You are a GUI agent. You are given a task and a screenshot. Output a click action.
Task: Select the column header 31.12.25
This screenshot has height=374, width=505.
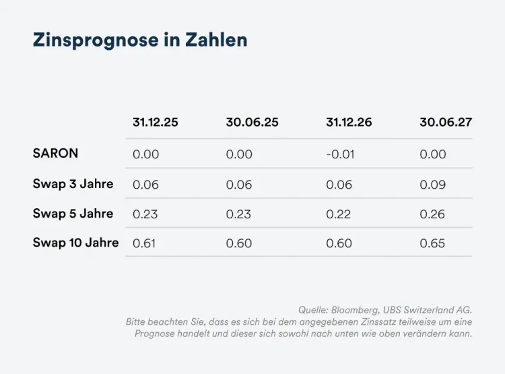pyautogui.click(x=156, y=123)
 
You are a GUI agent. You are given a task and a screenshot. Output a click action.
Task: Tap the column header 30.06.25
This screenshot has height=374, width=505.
pyautogui.click(x=252, y=123)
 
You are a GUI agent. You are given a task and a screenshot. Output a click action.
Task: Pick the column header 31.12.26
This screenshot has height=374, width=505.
pyautogui.click(x=349, y=123)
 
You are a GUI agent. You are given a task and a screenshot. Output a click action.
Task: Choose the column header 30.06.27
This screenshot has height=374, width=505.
pyautogui.click(x=445, y=123)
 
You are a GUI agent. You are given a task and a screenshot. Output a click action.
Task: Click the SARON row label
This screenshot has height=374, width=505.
pyautogui.click(x=55, y=154)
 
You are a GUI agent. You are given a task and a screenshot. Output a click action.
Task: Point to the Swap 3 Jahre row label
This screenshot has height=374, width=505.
pyautogui.click(x=73, y=184)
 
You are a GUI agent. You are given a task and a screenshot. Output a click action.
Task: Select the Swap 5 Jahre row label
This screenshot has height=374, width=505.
pyautogui.click(x=73, y=214)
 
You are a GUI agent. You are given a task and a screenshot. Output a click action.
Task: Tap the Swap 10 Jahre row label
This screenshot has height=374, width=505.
pyautogui.click(x=75, y=243)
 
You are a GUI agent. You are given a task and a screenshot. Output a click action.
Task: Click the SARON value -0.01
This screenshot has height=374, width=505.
pyautogui.click(x=340, y=154)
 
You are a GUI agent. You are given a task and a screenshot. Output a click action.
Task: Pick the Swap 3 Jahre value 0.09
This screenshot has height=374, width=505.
pyautogui.click(x=432, y=185)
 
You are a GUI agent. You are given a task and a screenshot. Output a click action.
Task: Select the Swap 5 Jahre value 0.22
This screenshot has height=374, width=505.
pyautogui.click(x=339, y=214)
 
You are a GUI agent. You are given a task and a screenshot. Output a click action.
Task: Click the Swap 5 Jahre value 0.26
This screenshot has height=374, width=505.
pyautogui.click(x=432, y=214)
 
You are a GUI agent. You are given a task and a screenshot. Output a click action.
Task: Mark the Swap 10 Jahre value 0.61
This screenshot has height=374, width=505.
pyautogui.click(x=144, y=243)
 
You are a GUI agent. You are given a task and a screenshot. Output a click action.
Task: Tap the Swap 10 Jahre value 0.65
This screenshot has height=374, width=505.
pyautogui.click(x=432, y=243)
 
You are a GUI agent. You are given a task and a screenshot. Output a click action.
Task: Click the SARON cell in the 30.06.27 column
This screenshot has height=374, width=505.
pyautogui.click(x=432, y=154)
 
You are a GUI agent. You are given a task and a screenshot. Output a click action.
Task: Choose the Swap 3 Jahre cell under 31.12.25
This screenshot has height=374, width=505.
pyautogui.click(x=145, y=185)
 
